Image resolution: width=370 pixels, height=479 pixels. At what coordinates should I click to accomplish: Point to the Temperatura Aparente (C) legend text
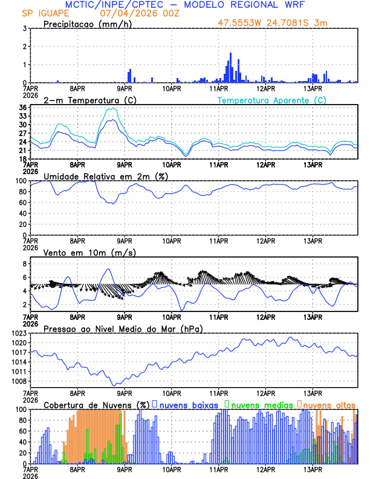point(271,100)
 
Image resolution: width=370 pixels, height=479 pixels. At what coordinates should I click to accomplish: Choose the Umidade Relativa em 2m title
point(106,176)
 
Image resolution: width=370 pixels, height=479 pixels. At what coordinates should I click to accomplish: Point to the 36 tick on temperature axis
point(22,108)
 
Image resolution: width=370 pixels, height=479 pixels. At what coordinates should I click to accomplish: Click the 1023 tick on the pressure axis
point(18,333)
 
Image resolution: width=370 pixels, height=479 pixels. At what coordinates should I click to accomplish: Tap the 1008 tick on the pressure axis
point(18,381)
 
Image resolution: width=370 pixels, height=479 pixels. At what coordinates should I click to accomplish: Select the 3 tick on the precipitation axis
point(24,28)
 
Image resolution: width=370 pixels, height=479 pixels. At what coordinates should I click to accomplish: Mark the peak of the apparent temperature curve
point(112,109)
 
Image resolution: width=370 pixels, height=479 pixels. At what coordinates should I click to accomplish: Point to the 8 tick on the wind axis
point(24,264)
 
